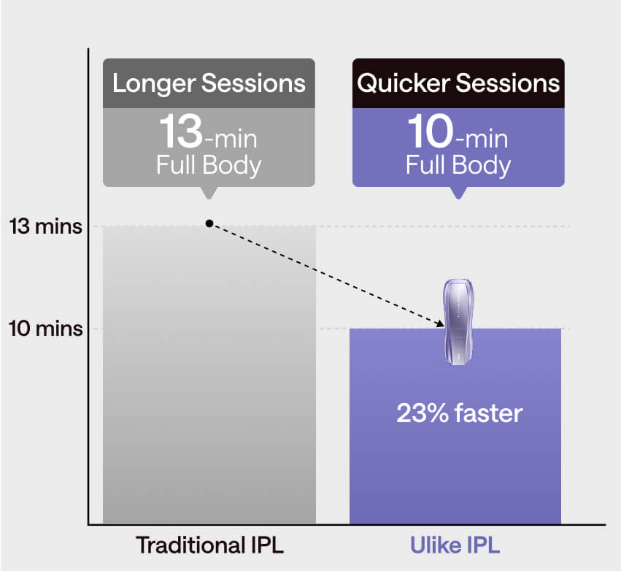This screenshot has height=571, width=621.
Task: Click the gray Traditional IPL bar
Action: (x=209, y=375)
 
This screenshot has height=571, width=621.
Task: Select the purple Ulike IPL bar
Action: (x=455, y=426)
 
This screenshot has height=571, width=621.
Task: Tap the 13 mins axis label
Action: (x=45, y=226)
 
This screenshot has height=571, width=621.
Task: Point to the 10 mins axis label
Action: (x=45, y=329)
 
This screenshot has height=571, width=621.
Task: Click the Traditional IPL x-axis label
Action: (x=209, y=545)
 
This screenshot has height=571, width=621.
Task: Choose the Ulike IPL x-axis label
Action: (x=455, y=545)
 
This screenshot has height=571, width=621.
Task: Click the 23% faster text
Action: (x=460, y=413)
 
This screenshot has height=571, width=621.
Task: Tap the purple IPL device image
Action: (x=458, y=321)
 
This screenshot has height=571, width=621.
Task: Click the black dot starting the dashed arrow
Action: (x=209, y=224)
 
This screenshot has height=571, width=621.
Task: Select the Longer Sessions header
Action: (x=209, y=83)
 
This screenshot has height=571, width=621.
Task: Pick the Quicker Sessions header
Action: (x=458, y=83)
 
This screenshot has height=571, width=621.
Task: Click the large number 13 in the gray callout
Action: (x=181, y=131)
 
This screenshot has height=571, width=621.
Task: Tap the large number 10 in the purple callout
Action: (x=431, y=131)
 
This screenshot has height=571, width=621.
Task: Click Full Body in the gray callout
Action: (x=209, y=165)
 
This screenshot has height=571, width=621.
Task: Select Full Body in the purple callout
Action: (x=458, y=165)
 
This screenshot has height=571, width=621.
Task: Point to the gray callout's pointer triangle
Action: (x=209, y=193)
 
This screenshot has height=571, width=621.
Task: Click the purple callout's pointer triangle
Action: (x=458, y=193)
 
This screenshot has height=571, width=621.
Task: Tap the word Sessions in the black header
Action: (x=508, y=83)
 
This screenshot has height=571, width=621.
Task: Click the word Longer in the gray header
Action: (x=154, y=84)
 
